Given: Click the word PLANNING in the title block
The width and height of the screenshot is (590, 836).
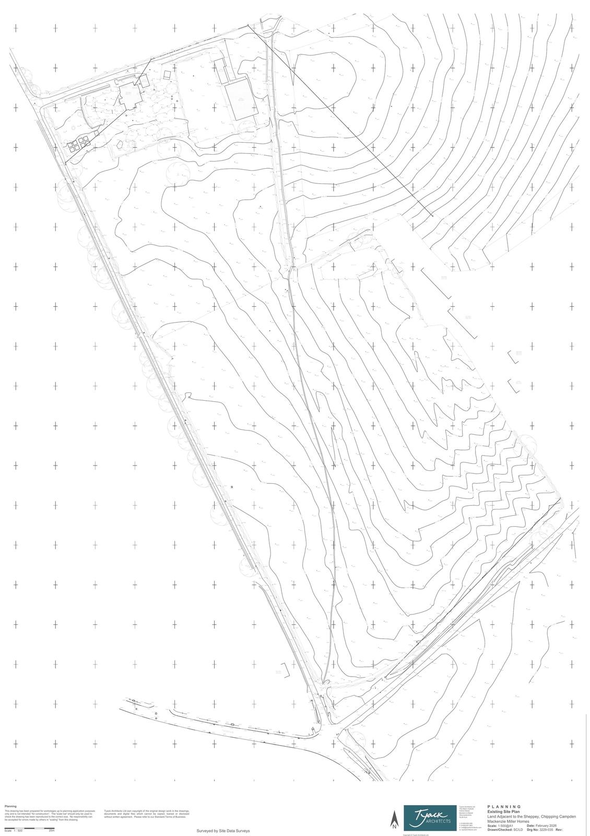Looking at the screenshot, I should tap(504, 807).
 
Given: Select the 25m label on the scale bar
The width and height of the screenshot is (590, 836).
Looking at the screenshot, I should tap(52, 831).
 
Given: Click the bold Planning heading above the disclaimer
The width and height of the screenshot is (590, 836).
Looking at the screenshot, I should tap(10, 806).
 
